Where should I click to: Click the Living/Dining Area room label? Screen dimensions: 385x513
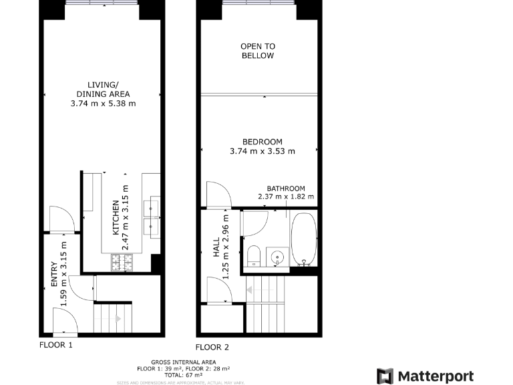click(x=103, y=89)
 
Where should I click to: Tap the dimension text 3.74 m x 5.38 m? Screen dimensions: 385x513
click(x=103, y=104)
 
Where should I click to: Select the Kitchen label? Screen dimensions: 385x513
click(x=116, y=218)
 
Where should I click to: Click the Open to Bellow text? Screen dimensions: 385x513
click(x=258, y=51)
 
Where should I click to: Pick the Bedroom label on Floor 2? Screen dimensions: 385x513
click(x=262, y=142)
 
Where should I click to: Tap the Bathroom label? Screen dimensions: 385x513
click(x=286, y=188)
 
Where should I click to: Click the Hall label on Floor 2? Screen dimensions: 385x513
click(x=216, y=247)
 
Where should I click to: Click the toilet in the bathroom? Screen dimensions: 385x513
click(x=253, y=256)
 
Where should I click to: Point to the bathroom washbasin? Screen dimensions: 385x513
click(x=277, y=256)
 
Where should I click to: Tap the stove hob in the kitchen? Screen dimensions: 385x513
click(x=122, y=263)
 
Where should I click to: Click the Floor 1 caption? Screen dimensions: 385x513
click(x=56, y=346)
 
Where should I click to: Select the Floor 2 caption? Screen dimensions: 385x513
click(x=212, y=347)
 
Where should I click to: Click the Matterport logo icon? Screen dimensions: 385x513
click(x=386, y=376)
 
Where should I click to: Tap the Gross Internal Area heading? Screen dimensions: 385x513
click(x=184, y=362)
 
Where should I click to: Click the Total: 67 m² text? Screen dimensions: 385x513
click(x=184, y=374)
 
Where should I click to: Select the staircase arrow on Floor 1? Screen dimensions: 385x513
click(x=118, y=319)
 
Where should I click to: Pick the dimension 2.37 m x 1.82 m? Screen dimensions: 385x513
click(x=286, y=197)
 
